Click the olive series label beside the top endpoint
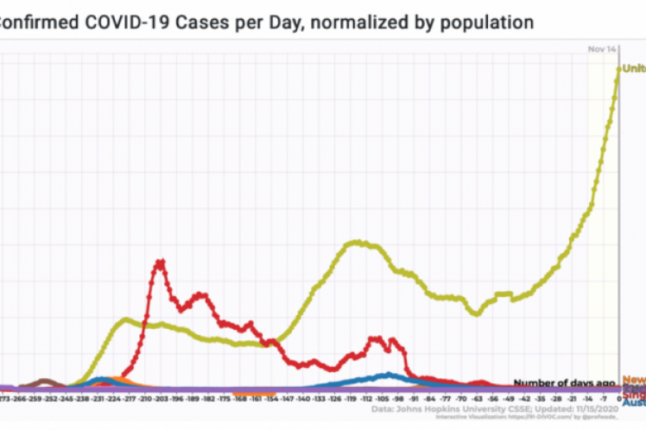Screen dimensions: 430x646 (x=634, y=69)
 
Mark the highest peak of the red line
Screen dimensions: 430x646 (x=161, y=261)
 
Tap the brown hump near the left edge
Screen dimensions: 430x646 (x=44, y=382)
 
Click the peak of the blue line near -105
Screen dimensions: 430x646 (x=389, y=375)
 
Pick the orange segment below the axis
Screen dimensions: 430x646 (x=256, y=394)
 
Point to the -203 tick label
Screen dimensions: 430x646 (x=160, y=400)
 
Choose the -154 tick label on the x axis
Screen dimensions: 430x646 (x=270, y=400)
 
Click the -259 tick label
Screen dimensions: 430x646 (x=35, y=400)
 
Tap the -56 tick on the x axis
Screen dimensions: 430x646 (x=492, y=400)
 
